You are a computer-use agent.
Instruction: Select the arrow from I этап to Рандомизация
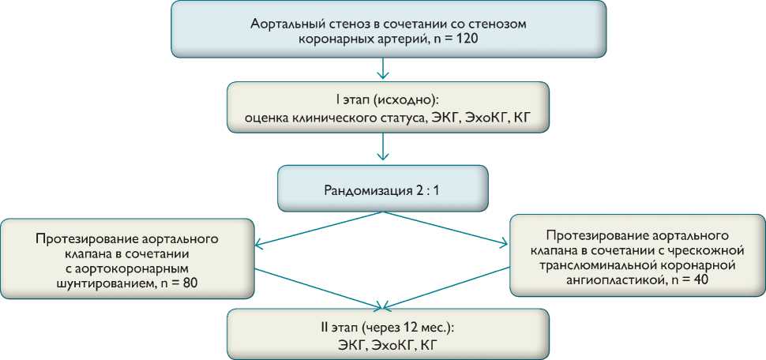(x=383, y=149)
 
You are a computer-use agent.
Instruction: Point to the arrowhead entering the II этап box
(x=383, y=305)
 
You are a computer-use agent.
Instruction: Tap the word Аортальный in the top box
(x=280, y=24)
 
